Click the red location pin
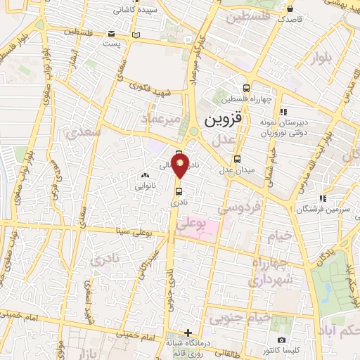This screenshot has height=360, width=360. point(180,167)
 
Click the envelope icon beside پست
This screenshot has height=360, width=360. point(112,34)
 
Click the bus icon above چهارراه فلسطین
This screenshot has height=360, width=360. point(246,88)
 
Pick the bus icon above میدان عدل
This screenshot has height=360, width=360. point(238,158)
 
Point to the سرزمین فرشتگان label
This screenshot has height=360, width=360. point(321,210)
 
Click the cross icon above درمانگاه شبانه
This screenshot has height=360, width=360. point(187,333)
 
